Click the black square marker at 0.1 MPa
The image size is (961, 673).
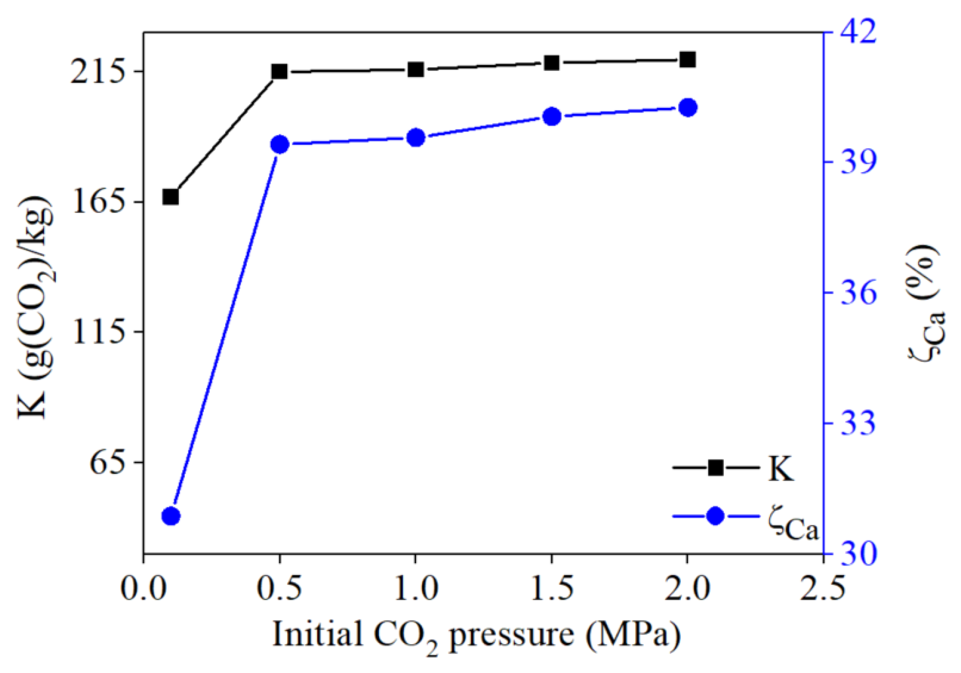(x=171, y=197)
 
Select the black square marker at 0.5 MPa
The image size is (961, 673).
(x=279, y=72)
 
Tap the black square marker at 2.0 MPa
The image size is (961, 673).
(x=688, y=59)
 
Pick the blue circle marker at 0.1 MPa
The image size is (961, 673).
(x=171, y=516)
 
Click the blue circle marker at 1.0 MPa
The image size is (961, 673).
(x=416, y=137)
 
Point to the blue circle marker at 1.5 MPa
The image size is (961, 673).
(x=552, y=117)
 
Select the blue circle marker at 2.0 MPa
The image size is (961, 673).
(x=688, y=107)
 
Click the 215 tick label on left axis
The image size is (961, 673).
(x=97, y=72)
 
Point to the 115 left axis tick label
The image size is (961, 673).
(x=97, y=332)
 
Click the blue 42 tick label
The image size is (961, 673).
(x=859, y=32)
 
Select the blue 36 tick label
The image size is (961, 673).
(x=859, y=293)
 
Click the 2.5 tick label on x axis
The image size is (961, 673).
(x=823, y=588)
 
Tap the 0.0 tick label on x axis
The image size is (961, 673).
(x=143, y=588)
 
